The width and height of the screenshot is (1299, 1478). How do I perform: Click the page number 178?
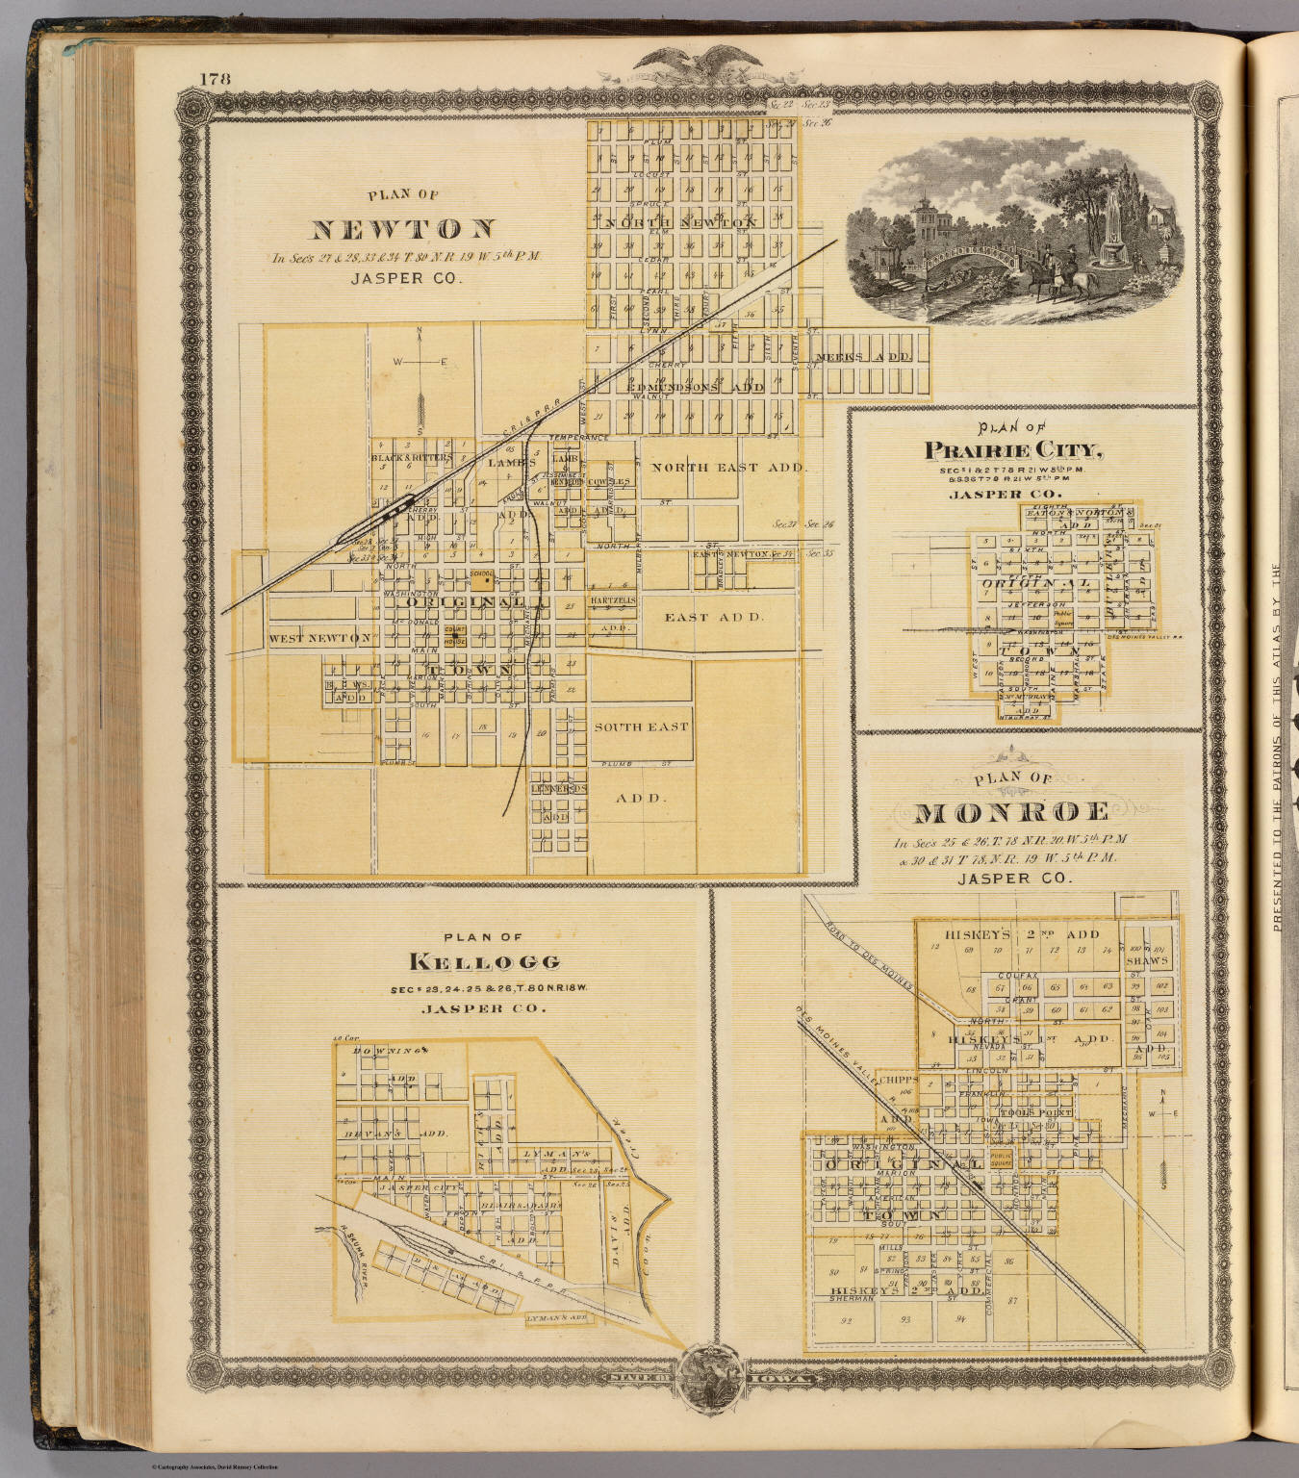coord(216,80)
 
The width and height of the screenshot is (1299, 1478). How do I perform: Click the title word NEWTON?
coord(402,229)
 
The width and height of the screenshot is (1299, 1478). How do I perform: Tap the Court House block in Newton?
coord(454,637)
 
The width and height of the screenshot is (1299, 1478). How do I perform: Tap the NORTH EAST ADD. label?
coord(727,468)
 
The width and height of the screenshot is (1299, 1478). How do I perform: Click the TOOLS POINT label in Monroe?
coord(1034,1112)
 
